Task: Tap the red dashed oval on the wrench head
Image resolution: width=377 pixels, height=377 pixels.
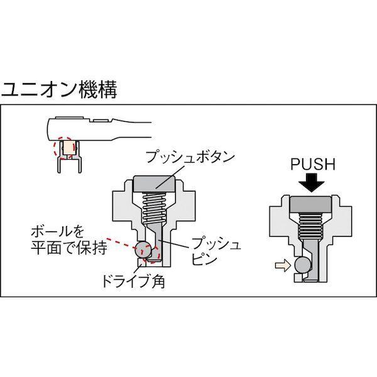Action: (x=65, y=148)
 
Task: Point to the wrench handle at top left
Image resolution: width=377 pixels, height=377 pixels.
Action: (x=119, y=125)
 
